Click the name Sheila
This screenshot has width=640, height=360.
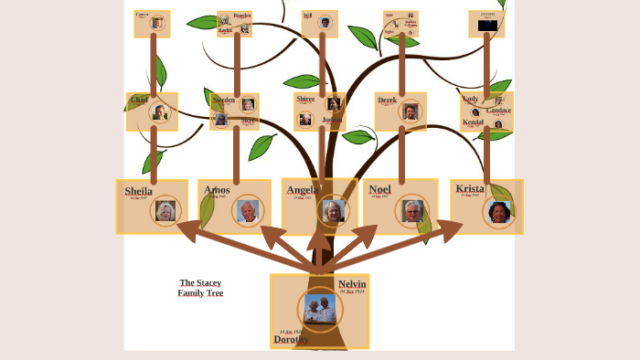point(139,191)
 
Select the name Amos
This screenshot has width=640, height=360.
point(217,190)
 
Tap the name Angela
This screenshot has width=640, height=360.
point(303,190)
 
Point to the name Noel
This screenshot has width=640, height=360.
point(379,190)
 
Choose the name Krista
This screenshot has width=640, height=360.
point(470,189)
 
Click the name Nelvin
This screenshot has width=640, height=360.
point(352,284)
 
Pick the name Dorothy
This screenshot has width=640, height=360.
point(291,339)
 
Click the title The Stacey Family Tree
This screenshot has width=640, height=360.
point(200,288)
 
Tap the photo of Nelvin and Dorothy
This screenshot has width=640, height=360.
point(320,309)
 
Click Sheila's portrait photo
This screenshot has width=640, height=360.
point(165,210)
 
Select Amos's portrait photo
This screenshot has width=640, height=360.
point(248,211)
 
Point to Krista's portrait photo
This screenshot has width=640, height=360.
point(498,212)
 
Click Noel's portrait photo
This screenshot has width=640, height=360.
point(412,211)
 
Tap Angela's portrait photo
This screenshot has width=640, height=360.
point(334,211)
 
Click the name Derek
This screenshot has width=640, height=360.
point(388,100)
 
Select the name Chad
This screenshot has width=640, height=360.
point(140,100)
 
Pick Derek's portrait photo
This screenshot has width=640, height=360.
point(411,112)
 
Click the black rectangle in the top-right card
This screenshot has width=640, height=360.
point(487,26)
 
